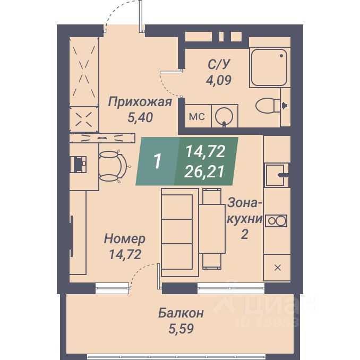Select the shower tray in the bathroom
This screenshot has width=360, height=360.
pos(270,67)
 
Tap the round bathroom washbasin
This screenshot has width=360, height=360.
pos(226,115)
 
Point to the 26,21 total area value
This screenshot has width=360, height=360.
pos(205,170)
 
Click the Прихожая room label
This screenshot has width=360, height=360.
pos(140,102)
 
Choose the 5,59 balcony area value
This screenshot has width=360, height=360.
pos(181,329)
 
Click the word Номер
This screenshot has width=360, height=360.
pos(125,238)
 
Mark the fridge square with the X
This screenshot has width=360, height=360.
pos(277,267)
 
